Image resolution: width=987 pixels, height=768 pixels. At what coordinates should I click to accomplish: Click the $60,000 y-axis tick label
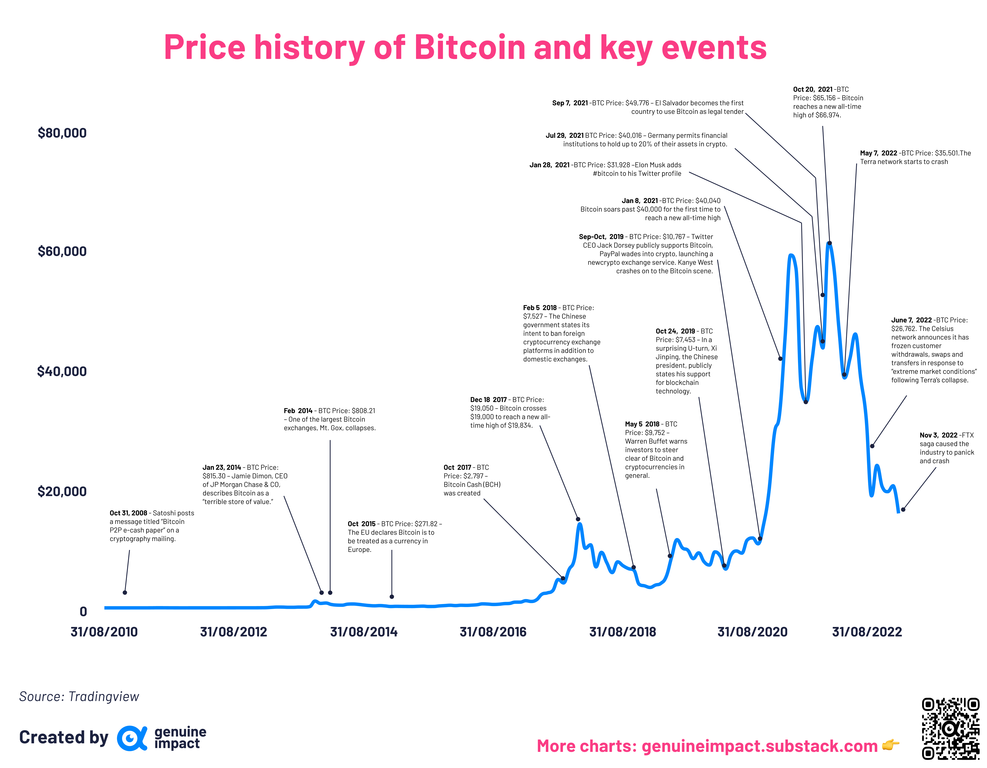62,251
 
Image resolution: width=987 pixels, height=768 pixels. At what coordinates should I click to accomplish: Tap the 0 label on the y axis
83,612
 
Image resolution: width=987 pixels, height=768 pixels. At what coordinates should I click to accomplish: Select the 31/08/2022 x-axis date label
866,632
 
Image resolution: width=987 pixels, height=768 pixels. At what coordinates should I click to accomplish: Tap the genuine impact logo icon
132,738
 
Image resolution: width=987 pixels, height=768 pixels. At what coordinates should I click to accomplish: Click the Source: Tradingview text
79,696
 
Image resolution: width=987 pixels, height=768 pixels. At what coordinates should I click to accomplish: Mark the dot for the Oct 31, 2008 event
125,592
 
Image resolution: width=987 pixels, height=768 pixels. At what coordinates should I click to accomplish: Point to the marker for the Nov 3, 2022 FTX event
903,510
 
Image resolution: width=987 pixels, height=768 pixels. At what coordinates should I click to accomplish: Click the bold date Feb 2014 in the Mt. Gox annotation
298,411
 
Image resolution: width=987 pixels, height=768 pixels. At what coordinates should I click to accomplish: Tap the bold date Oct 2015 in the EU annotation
361,524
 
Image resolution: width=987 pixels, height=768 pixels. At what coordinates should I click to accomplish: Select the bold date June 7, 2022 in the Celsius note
911,320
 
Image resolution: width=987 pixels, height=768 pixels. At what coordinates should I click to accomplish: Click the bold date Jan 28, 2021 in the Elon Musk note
549,165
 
